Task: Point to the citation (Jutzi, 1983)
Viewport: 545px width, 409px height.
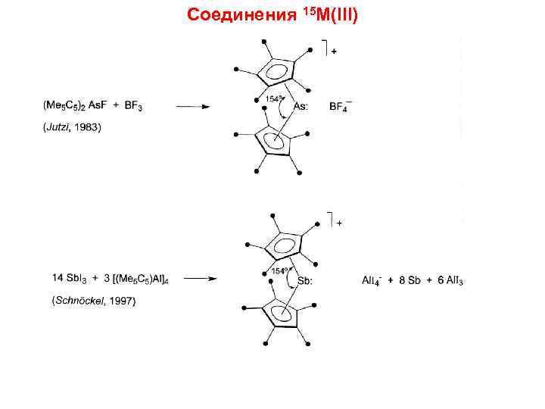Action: point(69,127)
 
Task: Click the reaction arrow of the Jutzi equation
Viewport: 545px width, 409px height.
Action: point(194,107)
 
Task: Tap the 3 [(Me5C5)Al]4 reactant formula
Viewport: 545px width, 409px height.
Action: point(132,279)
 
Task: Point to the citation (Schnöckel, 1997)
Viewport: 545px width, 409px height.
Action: point(94,301)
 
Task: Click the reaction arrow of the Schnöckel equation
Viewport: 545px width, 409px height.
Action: point(202,279)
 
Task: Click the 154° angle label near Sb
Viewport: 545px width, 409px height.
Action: point(279,270)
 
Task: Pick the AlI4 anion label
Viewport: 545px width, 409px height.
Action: point(372,280)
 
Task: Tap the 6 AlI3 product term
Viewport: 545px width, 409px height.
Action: point(450,280)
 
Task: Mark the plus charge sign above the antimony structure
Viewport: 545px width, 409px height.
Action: point(339,223)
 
